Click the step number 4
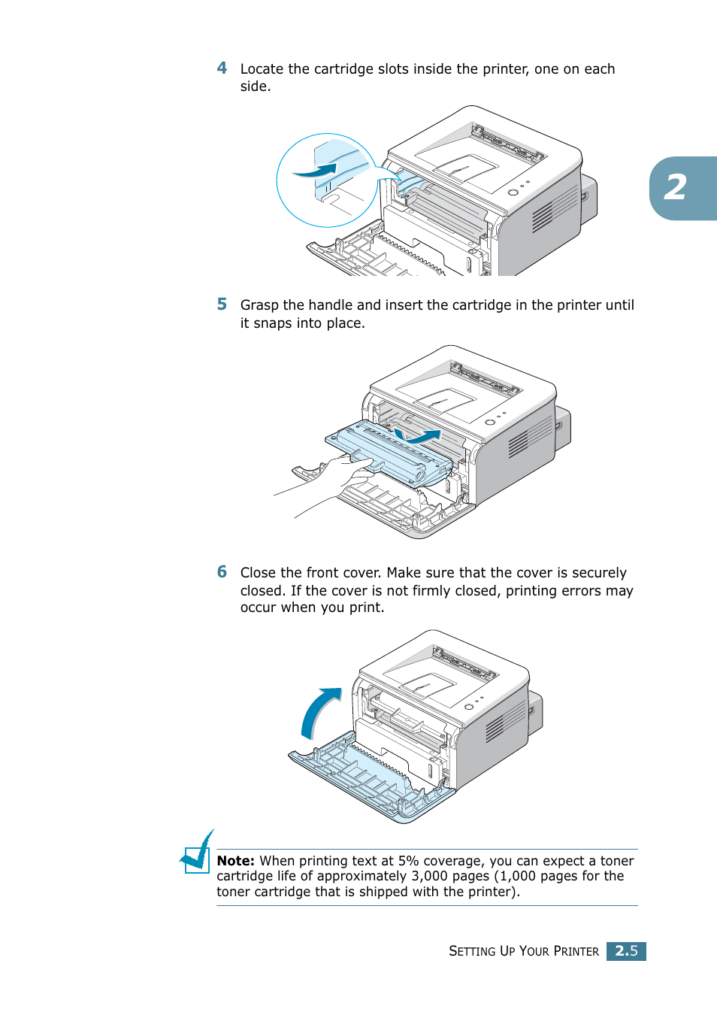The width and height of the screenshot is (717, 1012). [222, 68]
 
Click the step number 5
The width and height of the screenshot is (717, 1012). [222, 305]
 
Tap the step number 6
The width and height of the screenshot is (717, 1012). [222, 572]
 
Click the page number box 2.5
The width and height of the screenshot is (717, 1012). [626, 951]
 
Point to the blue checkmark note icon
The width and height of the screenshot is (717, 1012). [198, 853]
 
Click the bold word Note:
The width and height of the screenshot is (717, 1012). [235, 861]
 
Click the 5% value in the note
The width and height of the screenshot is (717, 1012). [408, 861]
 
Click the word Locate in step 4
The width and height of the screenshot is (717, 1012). [262, 69]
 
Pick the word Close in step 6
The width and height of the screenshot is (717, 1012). [259, 573]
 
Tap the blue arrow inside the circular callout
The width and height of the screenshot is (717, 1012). [316, 171]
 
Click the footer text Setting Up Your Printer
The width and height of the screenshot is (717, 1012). [523, 951]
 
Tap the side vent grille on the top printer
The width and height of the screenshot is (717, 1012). [554, 209]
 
